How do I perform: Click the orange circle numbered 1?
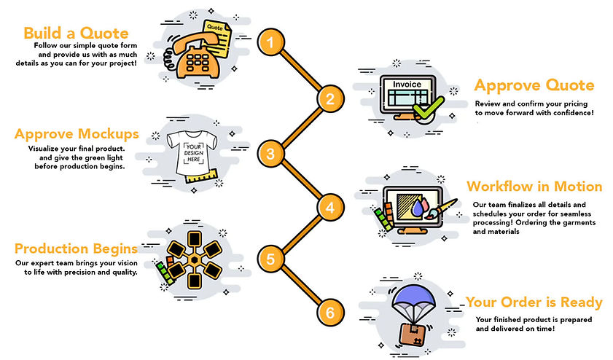click(x=270, y=43)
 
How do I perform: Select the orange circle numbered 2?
click(x=330, y=98)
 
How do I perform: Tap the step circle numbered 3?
click(x=270, y=153)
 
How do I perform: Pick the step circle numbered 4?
click(x=330, y=208)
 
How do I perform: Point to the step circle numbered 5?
click(x=270, y=259)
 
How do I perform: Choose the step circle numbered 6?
click(x=330, y=313)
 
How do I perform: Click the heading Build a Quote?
click(x=76, y=34)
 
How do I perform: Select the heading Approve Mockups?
click(x=77, y=134)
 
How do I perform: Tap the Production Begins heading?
click(x=77, y=249)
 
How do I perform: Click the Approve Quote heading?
click(x=534, y=86)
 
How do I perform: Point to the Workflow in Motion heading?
click(x=534, y=187)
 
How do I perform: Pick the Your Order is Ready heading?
click(x=534, y=302)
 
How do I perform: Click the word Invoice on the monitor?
click(x=407, y=85)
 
